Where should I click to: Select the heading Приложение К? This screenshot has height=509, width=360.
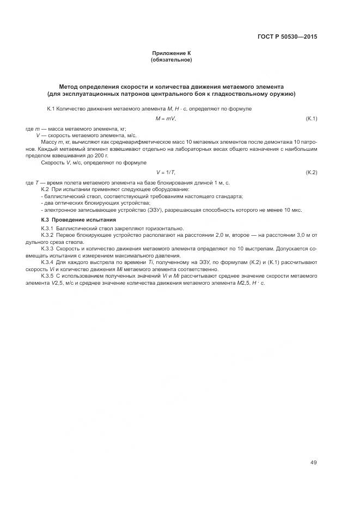point(171,53)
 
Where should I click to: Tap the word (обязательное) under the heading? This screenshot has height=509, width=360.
point(171,59)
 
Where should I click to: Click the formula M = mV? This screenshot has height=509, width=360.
point(166,118)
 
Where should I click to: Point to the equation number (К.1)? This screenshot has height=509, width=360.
point(312,118)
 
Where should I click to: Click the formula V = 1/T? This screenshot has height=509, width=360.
point(166,172)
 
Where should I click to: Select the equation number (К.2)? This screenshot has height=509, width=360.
point(312,172)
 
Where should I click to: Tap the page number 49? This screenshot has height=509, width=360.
point(314,462)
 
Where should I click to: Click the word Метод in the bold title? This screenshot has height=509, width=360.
point(70,87)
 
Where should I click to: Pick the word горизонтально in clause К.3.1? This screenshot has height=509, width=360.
point(166,228)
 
